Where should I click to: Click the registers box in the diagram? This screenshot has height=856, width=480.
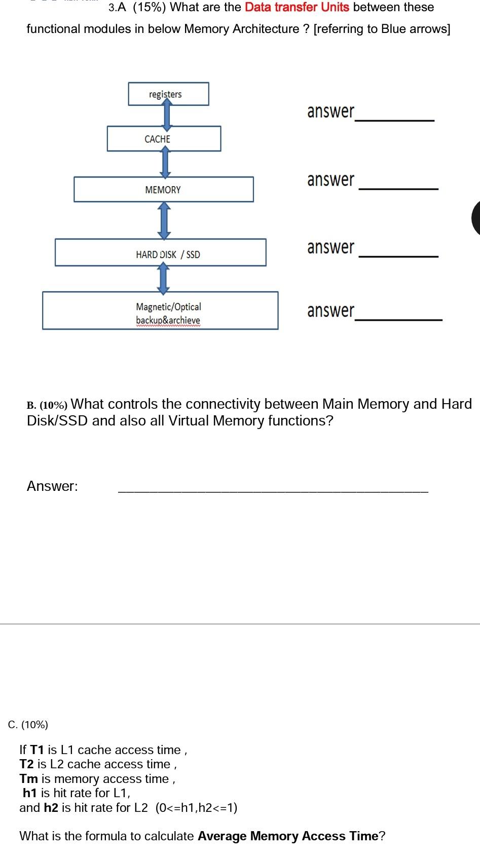click(168, 94)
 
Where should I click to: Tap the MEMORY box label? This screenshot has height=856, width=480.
click(163, 190)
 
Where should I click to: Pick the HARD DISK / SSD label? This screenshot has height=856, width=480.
click(168, 255)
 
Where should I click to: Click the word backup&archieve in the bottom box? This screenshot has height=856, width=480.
click(168, 320)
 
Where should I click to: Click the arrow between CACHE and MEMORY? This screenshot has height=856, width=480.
click(165, 163)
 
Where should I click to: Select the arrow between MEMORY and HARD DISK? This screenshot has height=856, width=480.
click(164, 221)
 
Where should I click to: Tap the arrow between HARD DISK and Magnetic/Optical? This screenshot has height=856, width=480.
click(163, 279)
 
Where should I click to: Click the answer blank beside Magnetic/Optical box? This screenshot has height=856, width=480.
click(398, 318)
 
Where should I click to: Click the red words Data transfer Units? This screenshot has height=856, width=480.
click(297, 8)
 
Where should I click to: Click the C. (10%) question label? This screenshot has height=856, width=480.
click(28, 725)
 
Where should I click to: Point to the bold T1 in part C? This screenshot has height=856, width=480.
click(37, 750)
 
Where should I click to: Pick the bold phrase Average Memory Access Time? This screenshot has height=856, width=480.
click(288, 836)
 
